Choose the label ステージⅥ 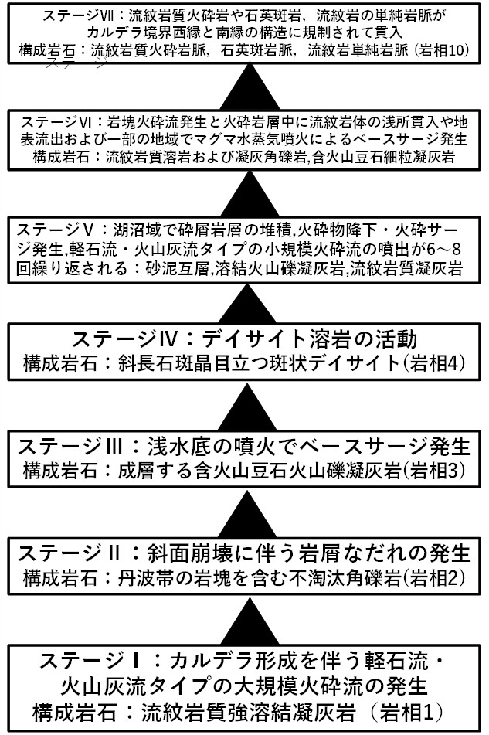pyautogui.click(x=58, y=123)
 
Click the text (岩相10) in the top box pyautogui.click(x=444, y=52)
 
